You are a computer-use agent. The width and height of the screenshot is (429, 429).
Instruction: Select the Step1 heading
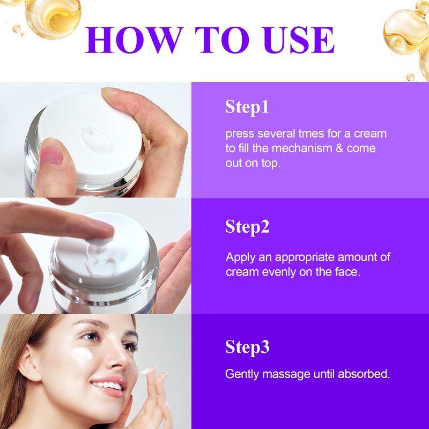pyautogui.click(x=247, y=107)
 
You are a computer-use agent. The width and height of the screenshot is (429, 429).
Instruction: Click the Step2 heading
pyautogui.click(x=247, y=227)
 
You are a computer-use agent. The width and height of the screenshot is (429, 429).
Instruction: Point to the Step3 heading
pyautogui.click(x=247, y=347)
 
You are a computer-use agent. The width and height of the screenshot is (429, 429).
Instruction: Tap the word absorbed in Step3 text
pyautogui.click(x=366, y=374)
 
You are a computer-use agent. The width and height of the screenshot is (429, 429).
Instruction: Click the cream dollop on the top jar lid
pyautogui.click(x=96, y=137)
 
